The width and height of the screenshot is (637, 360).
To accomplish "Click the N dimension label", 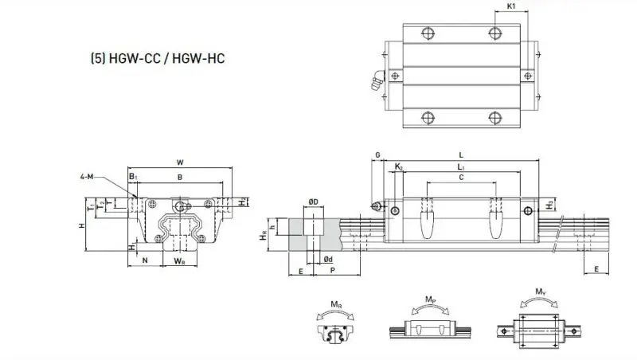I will coord(144,260).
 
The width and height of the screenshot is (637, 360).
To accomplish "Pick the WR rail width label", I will coord(180,260).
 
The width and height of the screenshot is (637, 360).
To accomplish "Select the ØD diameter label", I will coord(314,202).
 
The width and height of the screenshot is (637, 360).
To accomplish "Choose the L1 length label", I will coord(461,166).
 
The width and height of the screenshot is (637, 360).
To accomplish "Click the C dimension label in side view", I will coord(462,179).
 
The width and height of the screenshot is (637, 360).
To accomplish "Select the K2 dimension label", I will coord(399,166).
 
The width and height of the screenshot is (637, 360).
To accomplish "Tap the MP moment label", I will coord(430,300).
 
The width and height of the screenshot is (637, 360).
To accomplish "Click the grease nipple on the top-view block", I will coord(372,81).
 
